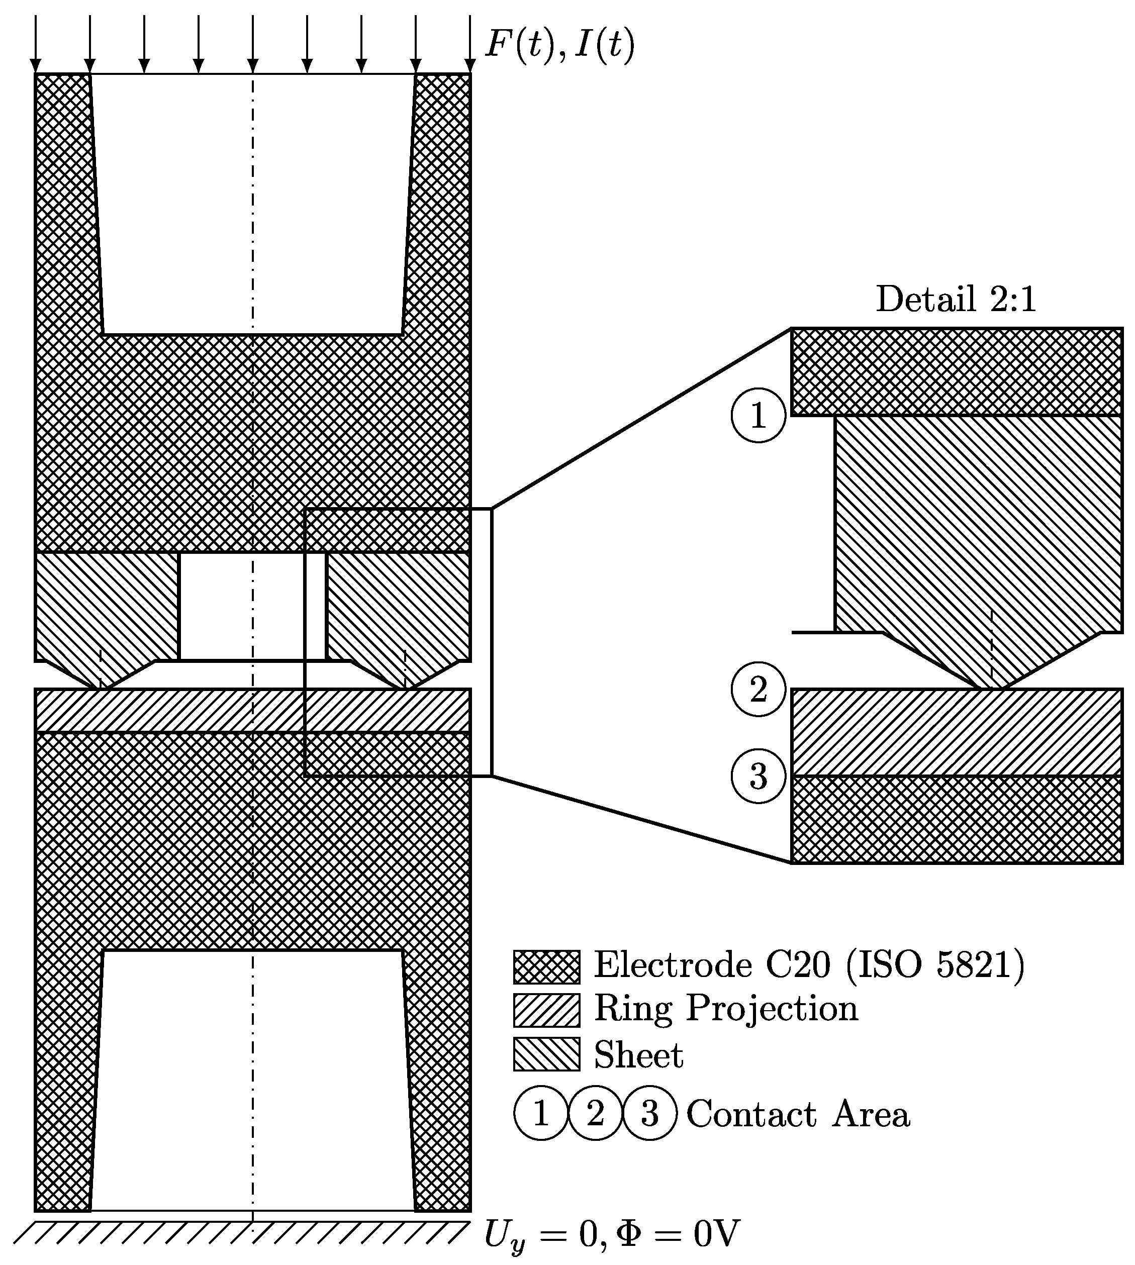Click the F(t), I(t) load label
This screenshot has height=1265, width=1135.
(559, 45)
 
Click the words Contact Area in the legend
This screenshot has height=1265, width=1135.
(798, 1115)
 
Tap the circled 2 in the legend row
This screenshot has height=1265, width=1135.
(596, 1114)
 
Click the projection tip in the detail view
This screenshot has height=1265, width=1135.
(991, 686)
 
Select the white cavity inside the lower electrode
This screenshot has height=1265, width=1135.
(252, 1079)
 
